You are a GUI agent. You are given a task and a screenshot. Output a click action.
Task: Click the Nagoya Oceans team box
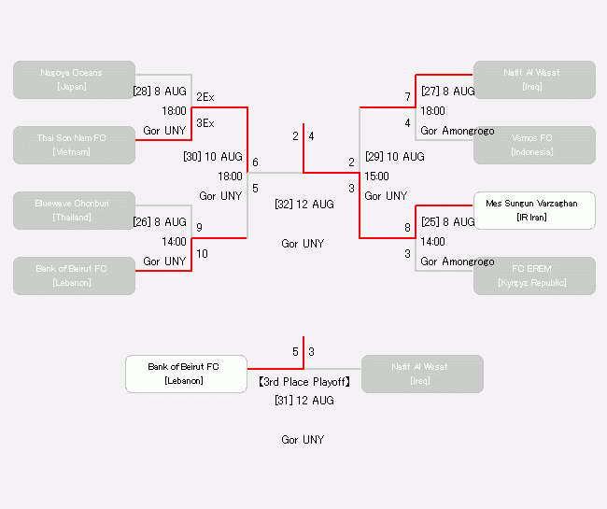point(74,79)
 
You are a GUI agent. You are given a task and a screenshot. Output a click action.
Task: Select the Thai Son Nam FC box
point(74,145)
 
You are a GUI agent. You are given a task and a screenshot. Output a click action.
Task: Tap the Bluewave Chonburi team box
point(74,210)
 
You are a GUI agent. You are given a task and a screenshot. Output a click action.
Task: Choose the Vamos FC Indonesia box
point(534,145)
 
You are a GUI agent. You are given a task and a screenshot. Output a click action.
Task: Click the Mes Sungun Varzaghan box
point(534,210)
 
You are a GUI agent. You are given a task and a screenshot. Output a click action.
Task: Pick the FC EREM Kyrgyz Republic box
point(534,276)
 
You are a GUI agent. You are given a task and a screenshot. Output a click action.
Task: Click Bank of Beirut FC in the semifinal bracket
point(74,276)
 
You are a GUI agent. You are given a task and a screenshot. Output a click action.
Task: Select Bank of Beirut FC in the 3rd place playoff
point(186,374)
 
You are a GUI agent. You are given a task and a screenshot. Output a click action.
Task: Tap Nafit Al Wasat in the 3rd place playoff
point(422,374)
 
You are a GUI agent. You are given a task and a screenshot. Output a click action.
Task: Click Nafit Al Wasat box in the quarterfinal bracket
point(534,79)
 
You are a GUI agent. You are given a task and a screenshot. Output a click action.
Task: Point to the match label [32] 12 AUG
point(303,204)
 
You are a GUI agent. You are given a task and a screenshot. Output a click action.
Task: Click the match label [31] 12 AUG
point(303,400)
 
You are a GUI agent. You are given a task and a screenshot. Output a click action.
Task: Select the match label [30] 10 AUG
point(213,156)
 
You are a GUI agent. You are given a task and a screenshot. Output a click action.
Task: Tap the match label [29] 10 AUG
point(395,156)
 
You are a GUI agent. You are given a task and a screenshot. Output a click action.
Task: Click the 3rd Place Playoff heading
point(303,382)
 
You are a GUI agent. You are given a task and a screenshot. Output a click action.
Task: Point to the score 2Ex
point(205,97)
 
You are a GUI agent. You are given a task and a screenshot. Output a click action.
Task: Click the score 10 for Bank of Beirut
point(202,254)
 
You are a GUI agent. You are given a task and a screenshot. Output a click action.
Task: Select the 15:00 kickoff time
point(377,176)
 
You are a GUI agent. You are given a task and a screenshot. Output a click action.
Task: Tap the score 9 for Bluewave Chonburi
point(199,227)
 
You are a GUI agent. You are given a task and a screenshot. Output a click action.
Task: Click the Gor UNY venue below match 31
point(303,439)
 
